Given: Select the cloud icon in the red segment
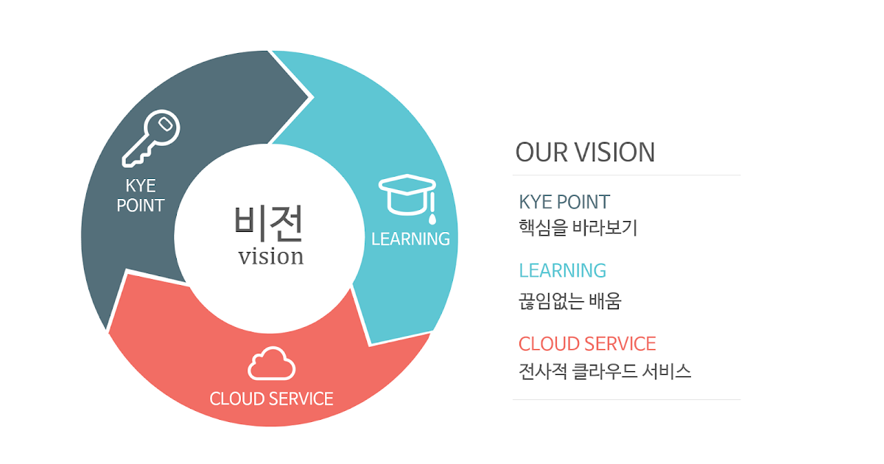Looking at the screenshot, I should point(271,364).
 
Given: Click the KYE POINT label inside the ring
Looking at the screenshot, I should point(141,195).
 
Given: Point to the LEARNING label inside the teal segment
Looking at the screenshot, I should point(410,239).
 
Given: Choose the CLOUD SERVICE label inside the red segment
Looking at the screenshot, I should point(271,398).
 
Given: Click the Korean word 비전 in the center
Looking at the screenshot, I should point(269,223).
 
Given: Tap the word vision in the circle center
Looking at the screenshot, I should point(270,256).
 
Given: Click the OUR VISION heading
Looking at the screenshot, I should point(585,152).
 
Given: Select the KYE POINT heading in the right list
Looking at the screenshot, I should point(564,202).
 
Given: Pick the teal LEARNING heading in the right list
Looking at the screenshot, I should point(562,270).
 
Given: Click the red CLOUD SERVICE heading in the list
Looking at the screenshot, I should point(587,343).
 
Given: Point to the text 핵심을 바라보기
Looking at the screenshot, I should point(578,228).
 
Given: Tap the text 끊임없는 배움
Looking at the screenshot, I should point(569,300).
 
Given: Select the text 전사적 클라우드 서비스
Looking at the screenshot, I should point(605,370).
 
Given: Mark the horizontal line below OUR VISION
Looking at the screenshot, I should point(626,175).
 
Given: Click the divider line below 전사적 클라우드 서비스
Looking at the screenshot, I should point(626,400).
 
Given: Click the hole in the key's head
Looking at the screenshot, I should point(166,124).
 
